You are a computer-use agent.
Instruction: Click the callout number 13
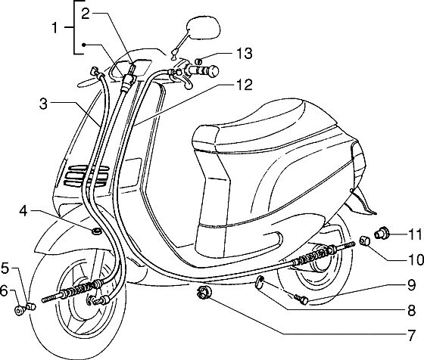(244, 53)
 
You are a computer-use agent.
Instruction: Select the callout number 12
(244, 85)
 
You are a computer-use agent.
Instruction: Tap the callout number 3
(43, 104)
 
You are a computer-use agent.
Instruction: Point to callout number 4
(23, 211)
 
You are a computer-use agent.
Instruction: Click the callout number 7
(411, 336)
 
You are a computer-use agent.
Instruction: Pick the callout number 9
(411, 285)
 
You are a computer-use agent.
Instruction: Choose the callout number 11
(415, 234)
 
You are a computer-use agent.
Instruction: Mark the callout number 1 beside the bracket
(55, 28)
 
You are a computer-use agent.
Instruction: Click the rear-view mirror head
(204, 27)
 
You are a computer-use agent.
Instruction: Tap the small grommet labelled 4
(96, 231)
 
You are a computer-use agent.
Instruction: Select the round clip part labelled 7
(204, 293)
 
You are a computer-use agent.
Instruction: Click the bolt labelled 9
(301, 299)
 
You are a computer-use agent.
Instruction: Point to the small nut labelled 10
(364, 241)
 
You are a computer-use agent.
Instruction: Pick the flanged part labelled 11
(382, 233)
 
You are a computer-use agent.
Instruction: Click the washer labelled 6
(19, 311)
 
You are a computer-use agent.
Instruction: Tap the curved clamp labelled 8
(260, 283)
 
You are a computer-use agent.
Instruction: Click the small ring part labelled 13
(198, 61)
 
